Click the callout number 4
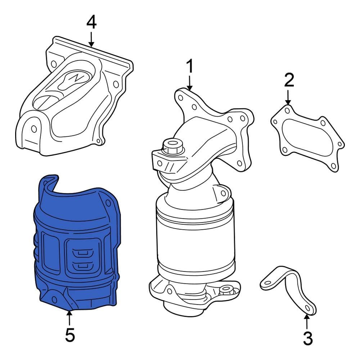pos(91,22)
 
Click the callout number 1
pos(189,67)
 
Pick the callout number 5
pos(70,336)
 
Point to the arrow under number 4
pos(91,39)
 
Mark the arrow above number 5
pos(69,318)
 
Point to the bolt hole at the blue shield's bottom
pos(55,298)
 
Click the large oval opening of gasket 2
pos(308,139)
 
